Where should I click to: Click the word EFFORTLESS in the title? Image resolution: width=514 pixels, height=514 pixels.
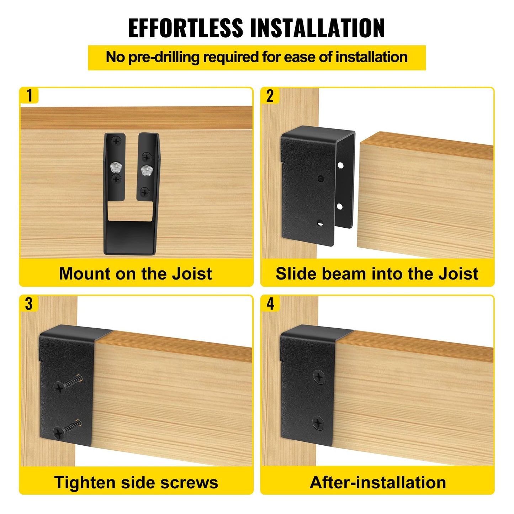point(186,28)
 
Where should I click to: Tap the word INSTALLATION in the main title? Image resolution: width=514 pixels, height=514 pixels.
point(318,28)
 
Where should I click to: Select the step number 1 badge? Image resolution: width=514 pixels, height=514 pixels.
point(29,96)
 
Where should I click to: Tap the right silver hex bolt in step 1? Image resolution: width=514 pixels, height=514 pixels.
point(145,170)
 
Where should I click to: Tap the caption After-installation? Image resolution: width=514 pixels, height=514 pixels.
point(378,483)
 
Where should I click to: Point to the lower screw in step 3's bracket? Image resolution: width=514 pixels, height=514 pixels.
point(59,433)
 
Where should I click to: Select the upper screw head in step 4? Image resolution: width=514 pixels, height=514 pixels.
point(319,377)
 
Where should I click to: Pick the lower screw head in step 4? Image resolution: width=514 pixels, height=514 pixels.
point(318,423)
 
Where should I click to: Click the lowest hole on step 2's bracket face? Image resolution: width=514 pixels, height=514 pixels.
point(320,223)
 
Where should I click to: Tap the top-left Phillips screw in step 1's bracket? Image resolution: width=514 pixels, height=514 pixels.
point(116,142)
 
